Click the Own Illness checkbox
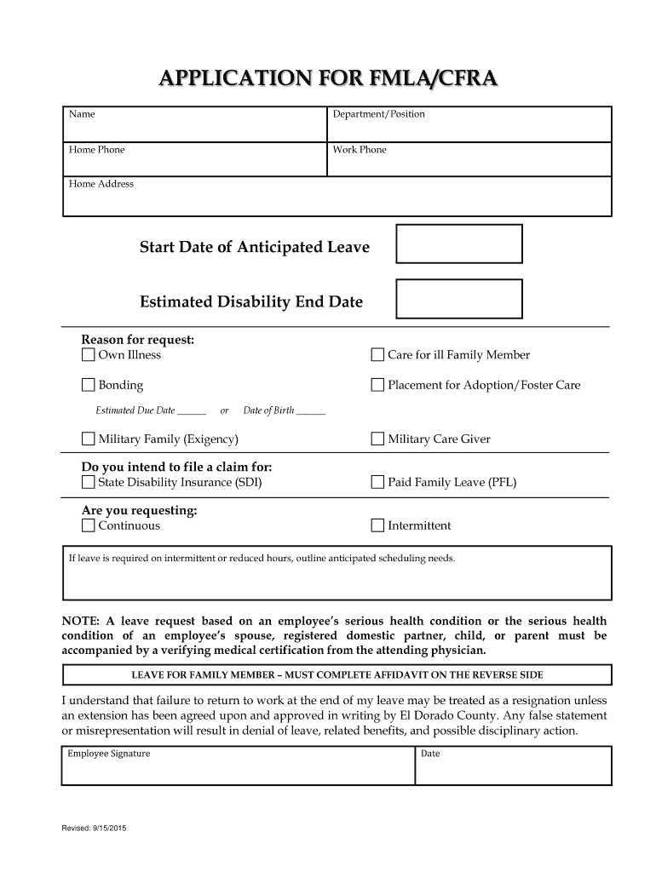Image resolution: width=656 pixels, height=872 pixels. (x=89, y=355)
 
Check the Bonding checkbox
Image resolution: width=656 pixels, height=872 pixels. (x=89, y=385)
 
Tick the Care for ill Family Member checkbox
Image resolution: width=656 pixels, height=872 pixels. (x=377, y=355)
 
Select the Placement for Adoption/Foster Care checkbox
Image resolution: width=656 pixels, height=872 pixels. (x=377, y=385)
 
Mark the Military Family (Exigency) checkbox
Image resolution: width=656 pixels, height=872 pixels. (x=89, y=439)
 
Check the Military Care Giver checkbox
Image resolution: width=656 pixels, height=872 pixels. (x=377, y=439)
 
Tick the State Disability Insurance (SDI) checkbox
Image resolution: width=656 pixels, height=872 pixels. (x=89, y=483)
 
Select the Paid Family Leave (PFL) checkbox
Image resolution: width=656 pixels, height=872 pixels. (x=377, y=483)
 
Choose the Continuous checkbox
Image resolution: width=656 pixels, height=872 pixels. (x=89, y=525)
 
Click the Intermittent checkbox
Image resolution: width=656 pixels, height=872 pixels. (x=377, y=525)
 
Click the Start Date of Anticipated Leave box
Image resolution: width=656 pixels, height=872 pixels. (x=459, y=244)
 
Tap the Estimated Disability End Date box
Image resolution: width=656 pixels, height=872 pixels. (x=459, y=299)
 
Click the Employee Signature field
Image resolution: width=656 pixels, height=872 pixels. (x=239, y=770)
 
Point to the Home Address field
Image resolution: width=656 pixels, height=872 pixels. (x=338, y=200)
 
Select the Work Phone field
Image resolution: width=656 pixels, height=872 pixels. (x=469, y=162)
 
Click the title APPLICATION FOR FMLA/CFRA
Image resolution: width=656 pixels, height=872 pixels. (x=327, y=80)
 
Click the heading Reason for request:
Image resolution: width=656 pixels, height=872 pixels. (x=138, y=340)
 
